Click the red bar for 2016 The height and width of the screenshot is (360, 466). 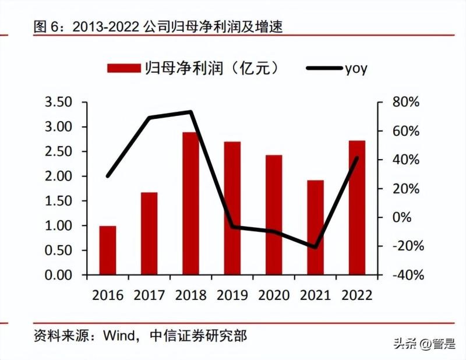[107, 250]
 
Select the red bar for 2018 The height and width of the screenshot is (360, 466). [190, 203]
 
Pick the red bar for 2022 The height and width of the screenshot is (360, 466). [356, 207]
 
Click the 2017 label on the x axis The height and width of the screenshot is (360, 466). [149, 295]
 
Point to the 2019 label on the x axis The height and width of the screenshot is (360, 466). [232, 295]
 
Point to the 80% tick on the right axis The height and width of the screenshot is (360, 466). [405, 103]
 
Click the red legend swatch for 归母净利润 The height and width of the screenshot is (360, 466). [124, 69]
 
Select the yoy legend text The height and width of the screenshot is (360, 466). [356, 69]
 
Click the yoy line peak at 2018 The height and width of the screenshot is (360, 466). [190, 112]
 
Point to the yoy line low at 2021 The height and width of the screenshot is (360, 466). [315, 247]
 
